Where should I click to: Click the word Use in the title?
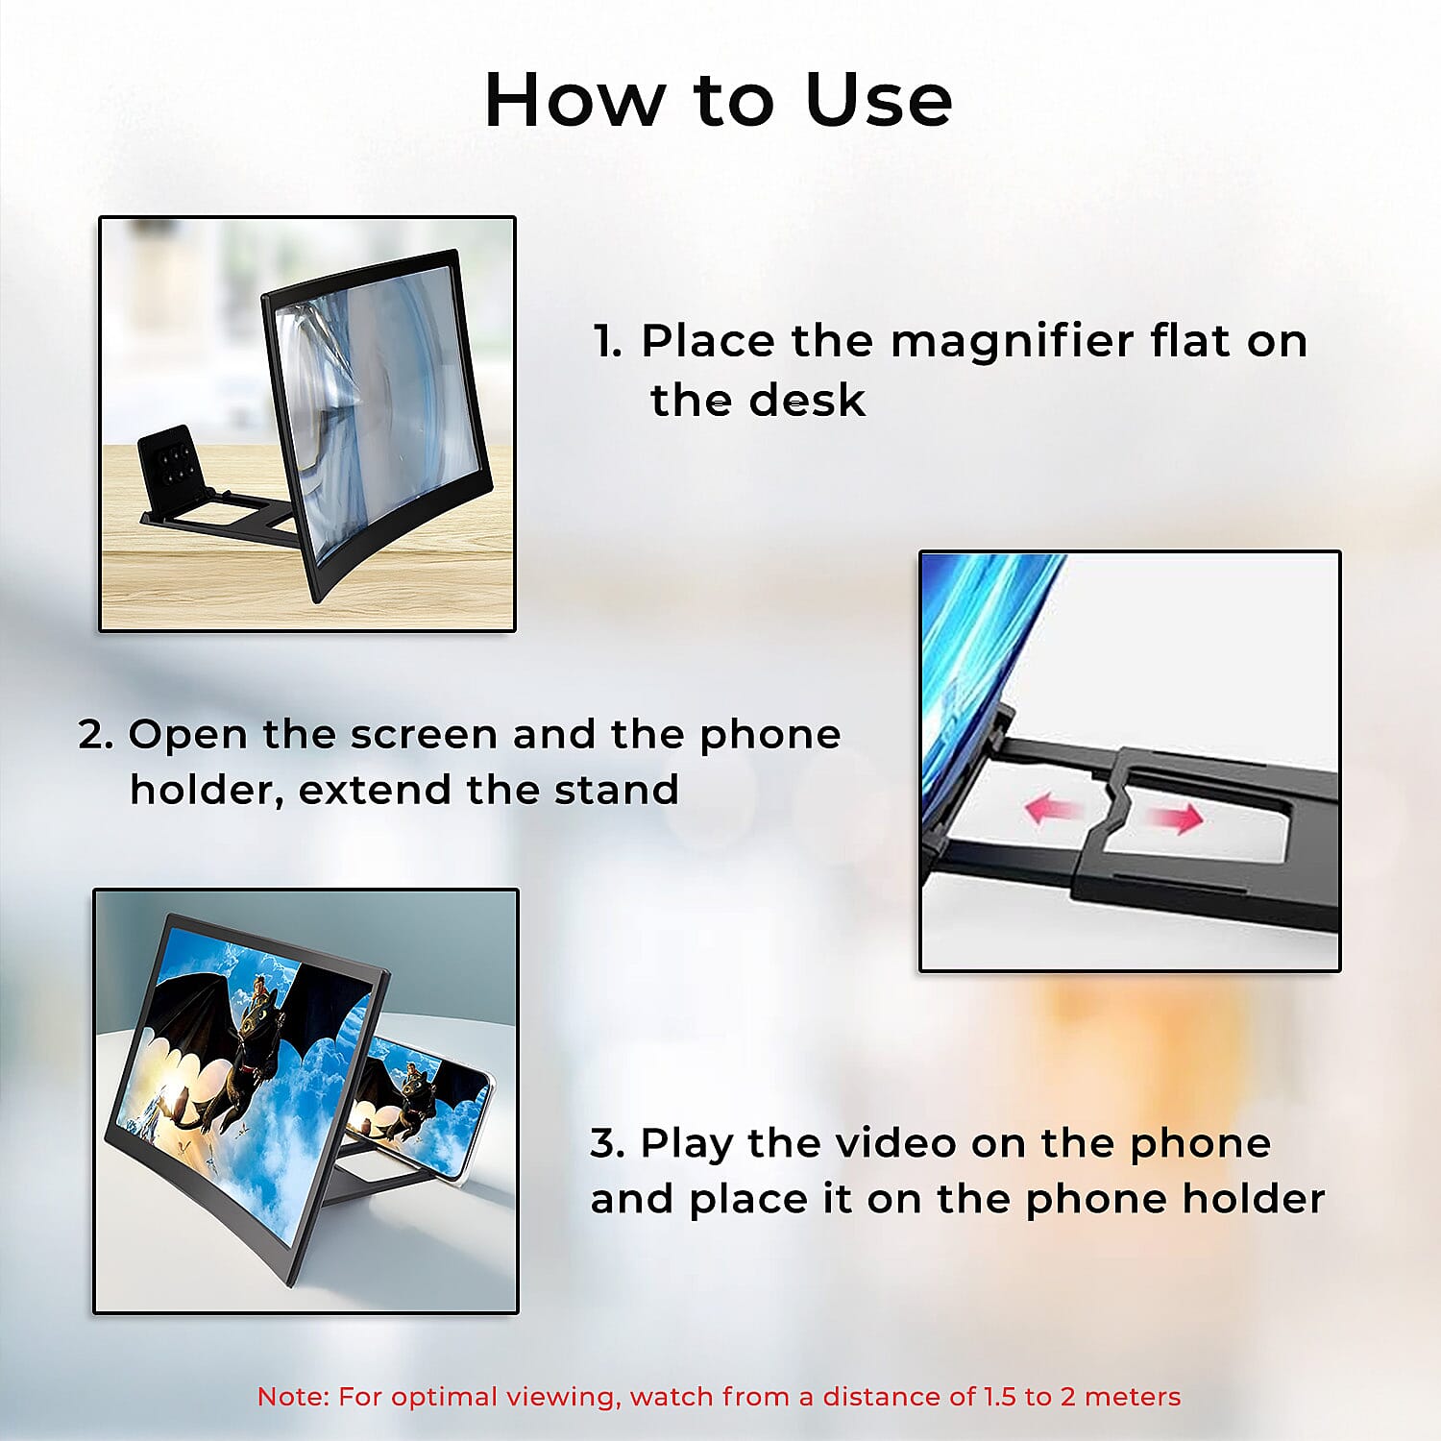[x=878, y=100]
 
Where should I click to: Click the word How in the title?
[x=574, y=100]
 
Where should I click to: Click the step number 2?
[x=94, y=735]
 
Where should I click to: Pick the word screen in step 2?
[x=424, y=735]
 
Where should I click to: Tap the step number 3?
[x=606, y=1143]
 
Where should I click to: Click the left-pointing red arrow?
[x=1052, y=809]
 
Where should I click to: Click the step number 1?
[x=607, y=342]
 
